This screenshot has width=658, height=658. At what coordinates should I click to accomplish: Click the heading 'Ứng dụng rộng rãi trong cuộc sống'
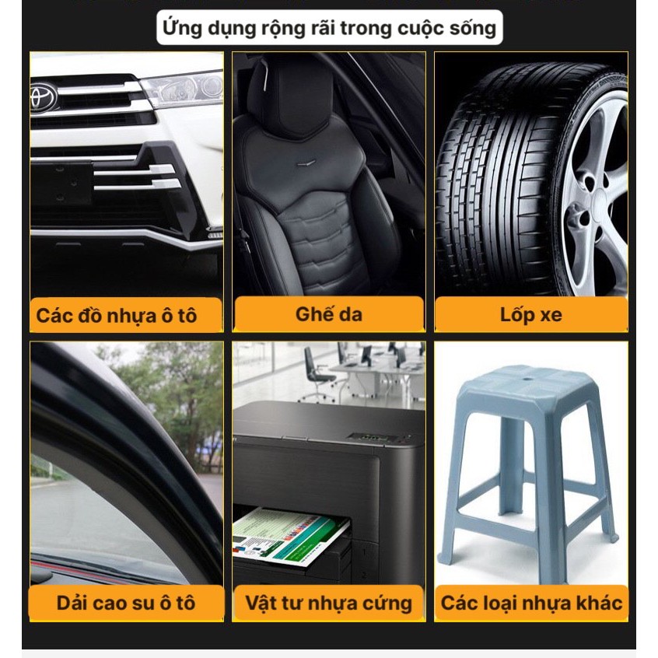328,29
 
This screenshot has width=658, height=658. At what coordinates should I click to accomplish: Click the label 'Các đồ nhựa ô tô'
116,316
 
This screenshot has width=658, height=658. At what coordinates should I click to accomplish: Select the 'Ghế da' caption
328,314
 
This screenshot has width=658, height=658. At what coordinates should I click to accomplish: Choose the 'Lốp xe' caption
531,316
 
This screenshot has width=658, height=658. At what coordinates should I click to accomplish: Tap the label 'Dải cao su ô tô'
126,603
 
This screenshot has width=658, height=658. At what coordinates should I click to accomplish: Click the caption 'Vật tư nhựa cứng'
328,603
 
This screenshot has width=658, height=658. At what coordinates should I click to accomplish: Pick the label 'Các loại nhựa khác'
531,603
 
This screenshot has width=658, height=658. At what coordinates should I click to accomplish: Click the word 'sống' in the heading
471,29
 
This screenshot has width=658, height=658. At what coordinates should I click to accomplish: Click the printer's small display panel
366,437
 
